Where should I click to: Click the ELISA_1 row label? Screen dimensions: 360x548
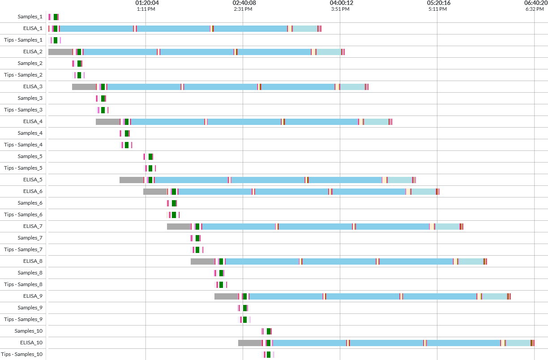click(x=33, y=29)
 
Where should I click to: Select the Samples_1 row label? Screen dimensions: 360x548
click(x=30, y=17)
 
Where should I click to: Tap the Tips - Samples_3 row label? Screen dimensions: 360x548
click(x=23, y=110)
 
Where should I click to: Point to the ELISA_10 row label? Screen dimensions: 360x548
click(x=31, y=343)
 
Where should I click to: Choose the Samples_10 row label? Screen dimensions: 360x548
click(x=29, y=331)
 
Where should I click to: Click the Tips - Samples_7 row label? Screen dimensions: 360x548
click(x=23, y=250)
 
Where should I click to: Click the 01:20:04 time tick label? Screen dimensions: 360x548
click(x=147, y=3)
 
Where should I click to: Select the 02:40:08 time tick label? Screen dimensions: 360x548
click(x=244, y=3)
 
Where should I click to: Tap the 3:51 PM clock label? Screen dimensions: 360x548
click(x=340, y=9)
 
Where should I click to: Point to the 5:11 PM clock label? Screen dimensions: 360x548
click(x=437, y=9)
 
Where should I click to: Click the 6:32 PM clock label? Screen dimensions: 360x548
click(x=535, y=9)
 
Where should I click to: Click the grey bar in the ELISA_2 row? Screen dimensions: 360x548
click(x=60, y=52)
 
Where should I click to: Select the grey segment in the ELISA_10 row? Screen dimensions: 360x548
click(x=249, y=343)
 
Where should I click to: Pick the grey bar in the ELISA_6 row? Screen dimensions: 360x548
click(x=154, y=192)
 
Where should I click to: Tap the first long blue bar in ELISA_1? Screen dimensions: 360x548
click(x=96, y=29)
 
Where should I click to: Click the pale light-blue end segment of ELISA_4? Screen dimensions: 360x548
click(x=376, y=122)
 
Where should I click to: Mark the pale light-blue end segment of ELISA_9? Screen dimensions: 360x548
click(x=494, y=296)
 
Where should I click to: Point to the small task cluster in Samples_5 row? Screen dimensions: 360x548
click(x=148, y=157)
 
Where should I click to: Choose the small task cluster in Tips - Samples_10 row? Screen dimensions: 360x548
click(x=267, y=355)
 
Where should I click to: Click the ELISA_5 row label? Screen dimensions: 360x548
click(x=33, y=180)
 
